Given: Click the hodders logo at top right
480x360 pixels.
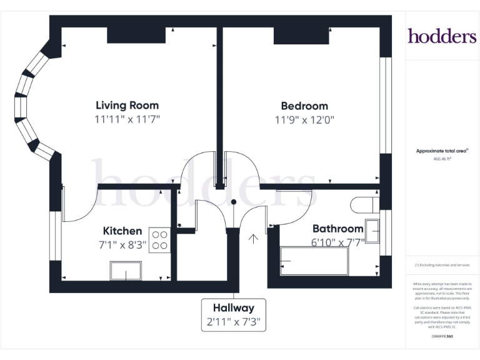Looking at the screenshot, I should [442, 36].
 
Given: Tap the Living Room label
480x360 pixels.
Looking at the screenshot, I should [127, 105].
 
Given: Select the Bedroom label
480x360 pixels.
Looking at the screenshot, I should [304, 106].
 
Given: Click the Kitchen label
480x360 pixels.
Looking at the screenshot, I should [122, 231].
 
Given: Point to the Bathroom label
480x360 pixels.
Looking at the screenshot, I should [337, 229].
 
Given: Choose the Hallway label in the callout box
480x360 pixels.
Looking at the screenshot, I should [233, 307].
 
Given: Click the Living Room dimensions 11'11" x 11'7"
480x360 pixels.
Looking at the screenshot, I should [127, 119].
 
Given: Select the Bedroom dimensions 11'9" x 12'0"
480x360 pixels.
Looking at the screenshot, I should [304, 120].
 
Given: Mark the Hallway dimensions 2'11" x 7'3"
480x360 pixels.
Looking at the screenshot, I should [233, 322].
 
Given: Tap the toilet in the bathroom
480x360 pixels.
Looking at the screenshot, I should [362, 205].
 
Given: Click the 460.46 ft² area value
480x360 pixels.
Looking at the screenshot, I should [442, 159].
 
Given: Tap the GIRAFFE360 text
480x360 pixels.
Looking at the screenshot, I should [442, 337].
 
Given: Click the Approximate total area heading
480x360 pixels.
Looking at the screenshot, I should [442, 151].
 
